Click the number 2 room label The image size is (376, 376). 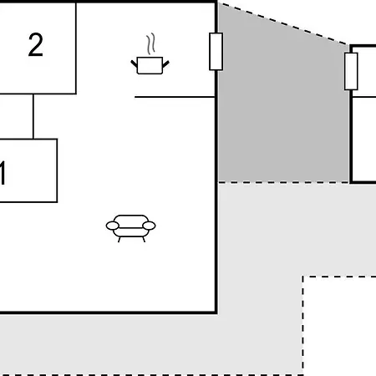36,44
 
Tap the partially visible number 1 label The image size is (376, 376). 3,173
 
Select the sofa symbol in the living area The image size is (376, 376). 130,228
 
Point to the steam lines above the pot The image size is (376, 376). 151,43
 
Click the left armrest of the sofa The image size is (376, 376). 113,226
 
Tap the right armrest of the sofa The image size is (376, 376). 149,226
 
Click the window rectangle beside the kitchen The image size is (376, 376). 216,52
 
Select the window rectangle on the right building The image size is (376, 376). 351,71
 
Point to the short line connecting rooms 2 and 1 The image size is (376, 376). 33,116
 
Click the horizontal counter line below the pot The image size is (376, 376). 175,97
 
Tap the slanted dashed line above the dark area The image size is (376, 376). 283,23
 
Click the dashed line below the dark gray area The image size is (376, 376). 283,182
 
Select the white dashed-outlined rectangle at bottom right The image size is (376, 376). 339,326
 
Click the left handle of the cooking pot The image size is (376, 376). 134,64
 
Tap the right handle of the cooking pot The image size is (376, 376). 165,64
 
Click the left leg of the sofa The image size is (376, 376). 119,239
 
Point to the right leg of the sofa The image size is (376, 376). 144,239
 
